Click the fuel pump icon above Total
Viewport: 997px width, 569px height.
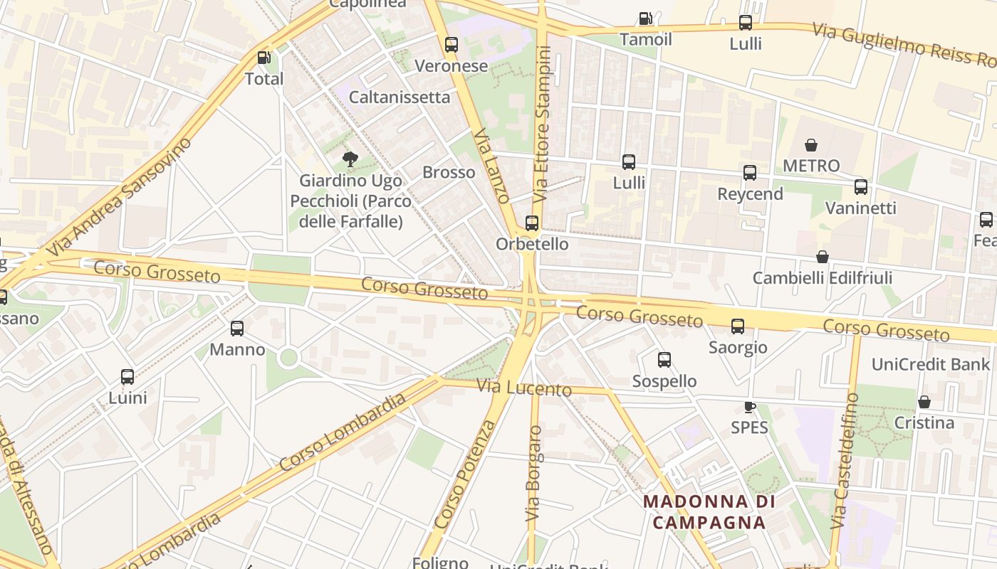coord(263,58)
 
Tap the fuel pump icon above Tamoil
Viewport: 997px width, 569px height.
coord(645,18)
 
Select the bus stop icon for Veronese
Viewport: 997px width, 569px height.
coord(451,45)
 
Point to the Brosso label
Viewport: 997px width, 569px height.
coord(449,172)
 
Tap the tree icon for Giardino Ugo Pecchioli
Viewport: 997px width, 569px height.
coord(350,159)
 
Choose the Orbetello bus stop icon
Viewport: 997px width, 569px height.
coord(531,223)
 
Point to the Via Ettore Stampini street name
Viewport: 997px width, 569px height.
coord(543,123)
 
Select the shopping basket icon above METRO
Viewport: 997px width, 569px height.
coord(810,145)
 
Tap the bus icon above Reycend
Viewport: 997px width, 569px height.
coord(749,173)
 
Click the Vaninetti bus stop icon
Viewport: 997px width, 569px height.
coord(860,187)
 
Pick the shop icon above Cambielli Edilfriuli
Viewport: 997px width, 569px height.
coord(822,257)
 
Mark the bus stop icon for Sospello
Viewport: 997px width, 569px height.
coord(664,360)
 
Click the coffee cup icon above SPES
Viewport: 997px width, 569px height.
coord(749,407)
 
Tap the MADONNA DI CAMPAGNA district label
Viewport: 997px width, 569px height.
coord(709,512)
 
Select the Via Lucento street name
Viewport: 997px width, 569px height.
coord(524,388)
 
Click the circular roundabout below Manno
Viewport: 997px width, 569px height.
coord(288,357)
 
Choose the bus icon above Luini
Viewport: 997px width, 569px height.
coord(127,377)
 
